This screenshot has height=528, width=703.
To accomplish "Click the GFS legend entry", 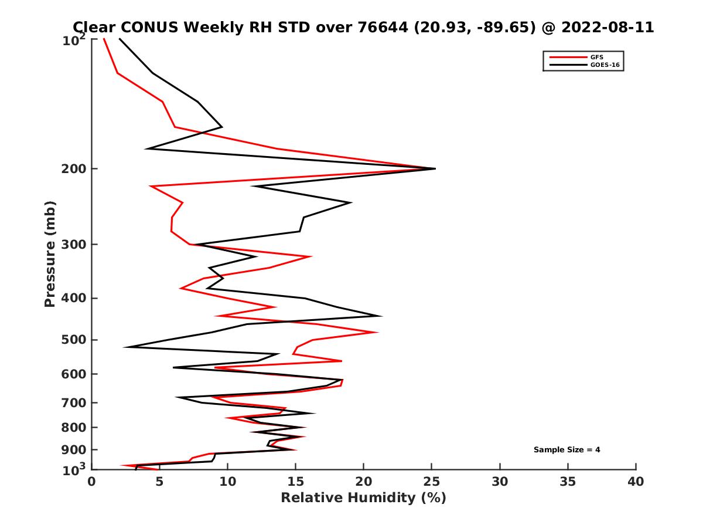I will click(598, 57).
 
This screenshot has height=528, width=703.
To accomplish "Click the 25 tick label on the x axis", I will click(432, 482).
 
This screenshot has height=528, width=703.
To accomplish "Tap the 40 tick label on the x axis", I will click(636, 482).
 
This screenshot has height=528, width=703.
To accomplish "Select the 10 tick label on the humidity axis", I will click(227, 482).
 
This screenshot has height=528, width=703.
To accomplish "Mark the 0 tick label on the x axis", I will click(92, 482).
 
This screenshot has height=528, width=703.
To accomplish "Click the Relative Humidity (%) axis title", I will click(363, 498).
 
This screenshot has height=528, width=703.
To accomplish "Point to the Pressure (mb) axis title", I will click(50, 254).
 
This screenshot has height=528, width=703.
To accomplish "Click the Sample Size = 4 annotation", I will click(567, 450).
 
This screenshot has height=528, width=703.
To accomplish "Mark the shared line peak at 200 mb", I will click(435, 168).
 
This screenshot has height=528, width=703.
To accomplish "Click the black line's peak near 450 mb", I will click(381, 316).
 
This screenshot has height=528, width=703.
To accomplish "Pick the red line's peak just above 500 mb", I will click(377, 333).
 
